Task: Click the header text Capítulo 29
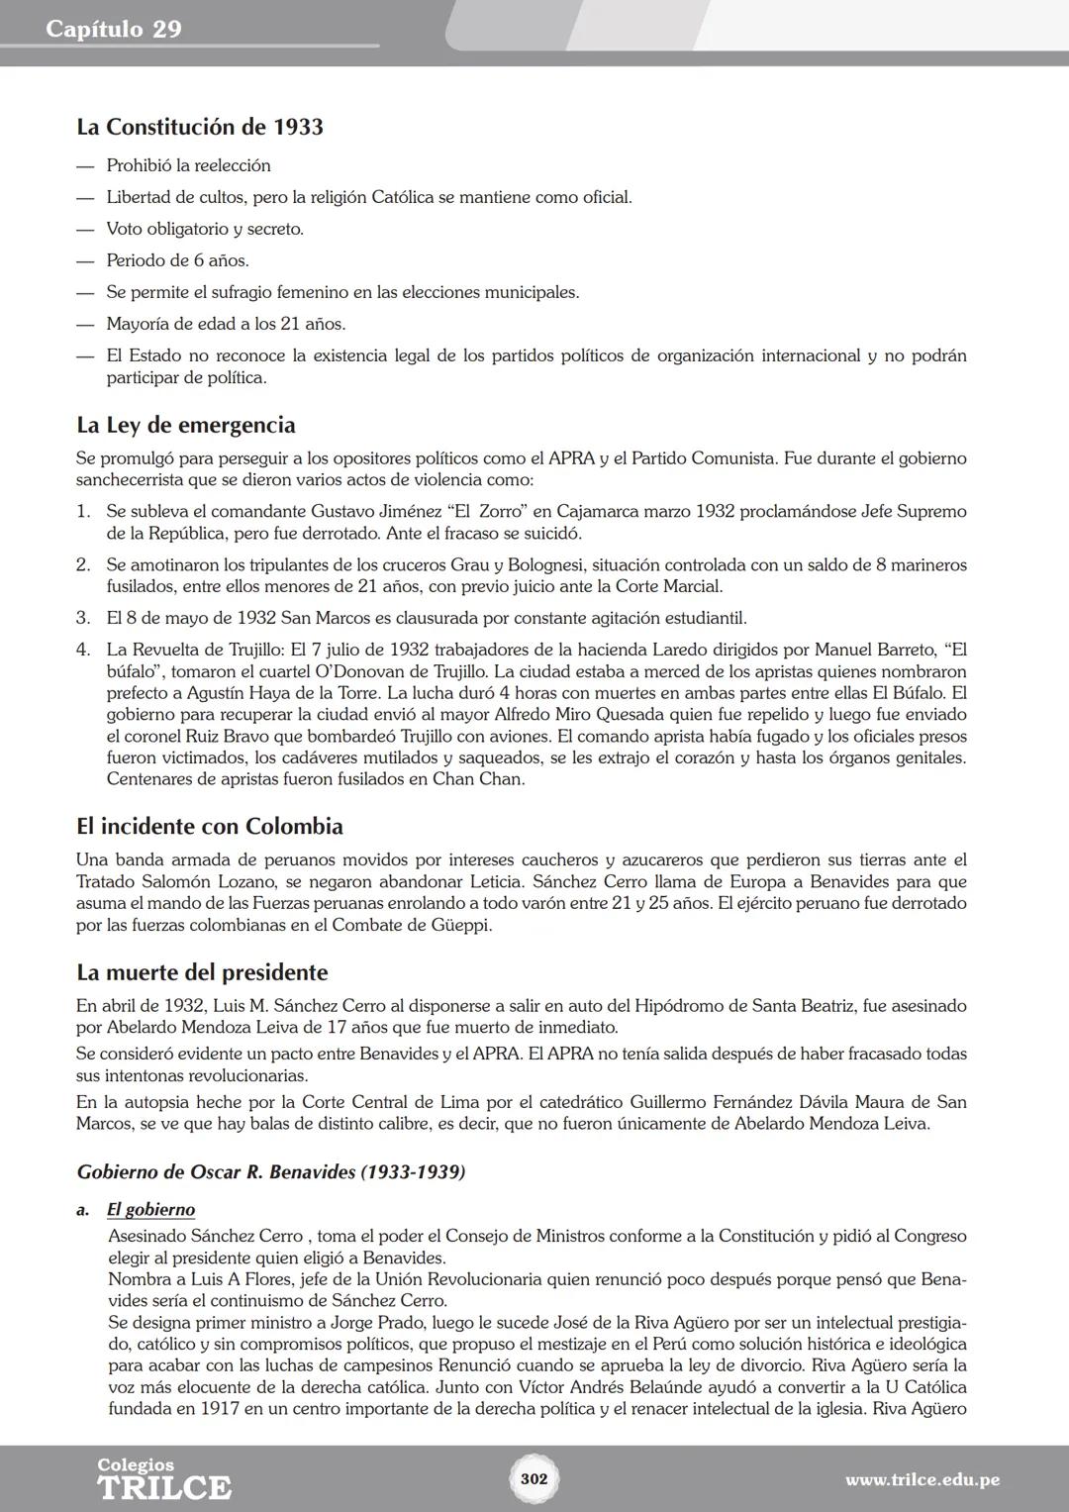(x=114, y=29)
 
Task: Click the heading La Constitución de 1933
(x=200, y=127)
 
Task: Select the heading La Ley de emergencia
(x=186, y=425)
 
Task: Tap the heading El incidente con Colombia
(x=210, y=826)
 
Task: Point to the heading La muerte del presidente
(x=202, y=971)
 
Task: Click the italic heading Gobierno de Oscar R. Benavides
(x=271, y=1172)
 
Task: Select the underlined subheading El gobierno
(x=150, y=1210)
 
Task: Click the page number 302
(x=534, y=1478)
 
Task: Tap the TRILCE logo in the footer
(x=163, y=1485)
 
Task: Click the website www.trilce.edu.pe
(x=923, y=1480)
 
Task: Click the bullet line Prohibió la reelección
(x=188, y=165)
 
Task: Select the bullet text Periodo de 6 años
(x=177, y=260)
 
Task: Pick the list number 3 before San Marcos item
(x=83, y=618)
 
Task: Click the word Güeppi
(x=461, y=926)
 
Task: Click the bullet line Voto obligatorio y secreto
(x=205, y=229)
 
